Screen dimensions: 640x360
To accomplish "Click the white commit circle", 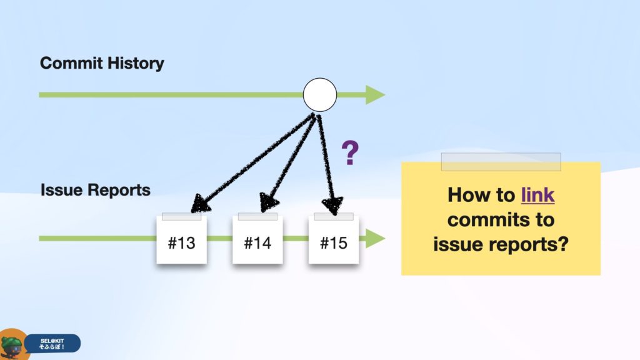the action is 320,95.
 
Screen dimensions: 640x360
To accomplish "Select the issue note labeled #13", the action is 182,240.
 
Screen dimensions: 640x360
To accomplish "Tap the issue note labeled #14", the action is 257,240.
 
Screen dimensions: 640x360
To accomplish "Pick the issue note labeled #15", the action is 334,240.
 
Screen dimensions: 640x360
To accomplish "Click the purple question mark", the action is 350,152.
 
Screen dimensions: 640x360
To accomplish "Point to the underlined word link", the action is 538,195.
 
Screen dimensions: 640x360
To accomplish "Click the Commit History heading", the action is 102,63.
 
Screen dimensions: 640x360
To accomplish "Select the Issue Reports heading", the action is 96,190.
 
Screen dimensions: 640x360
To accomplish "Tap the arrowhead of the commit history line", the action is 375,95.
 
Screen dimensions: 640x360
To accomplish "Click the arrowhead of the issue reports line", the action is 375,238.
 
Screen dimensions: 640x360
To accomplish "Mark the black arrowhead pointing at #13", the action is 200,203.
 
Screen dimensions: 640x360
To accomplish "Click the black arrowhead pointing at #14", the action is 269,202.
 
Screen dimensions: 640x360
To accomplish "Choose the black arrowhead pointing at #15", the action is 332,205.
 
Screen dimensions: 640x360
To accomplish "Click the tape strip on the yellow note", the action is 501,162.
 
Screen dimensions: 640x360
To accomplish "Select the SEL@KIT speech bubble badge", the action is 52,344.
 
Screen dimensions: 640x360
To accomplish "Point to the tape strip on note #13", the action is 182,216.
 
